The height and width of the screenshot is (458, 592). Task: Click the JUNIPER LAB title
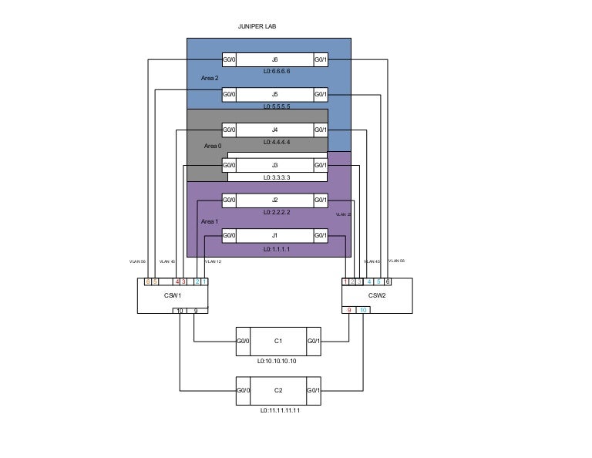click(x=257, y=25)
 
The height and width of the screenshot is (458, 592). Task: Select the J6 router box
click(x=274, y=59)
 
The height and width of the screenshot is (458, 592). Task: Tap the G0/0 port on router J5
click(x=229, y=95)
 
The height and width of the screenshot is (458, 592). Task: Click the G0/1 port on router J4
click(x=321, y=130)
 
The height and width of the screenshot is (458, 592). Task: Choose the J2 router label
click(x=274, y=200)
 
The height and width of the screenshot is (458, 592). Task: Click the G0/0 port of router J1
click(x=229, y=235)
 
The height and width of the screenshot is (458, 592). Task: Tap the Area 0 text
click(x=213, y=145)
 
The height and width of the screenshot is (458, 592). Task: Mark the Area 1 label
click(x=210, y=221)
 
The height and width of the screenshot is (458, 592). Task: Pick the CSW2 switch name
click(x=377, y=295)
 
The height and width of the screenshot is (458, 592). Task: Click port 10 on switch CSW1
click(x=180, y=311)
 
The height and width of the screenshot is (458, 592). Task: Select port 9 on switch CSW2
click(x=349, y=310)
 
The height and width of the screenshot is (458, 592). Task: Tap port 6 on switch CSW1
click(x=148, y=281)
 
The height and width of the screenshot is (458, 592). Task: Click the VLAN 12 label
click(x=213, y=262)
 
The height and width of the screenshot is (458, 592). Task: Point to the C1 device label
click(x=278, y=340)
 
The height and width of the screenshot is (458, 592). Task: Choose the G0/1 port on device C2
click(x=314, y=391)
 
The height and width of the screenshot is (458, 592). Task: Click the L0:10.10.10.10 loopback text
click(x=277, y=360)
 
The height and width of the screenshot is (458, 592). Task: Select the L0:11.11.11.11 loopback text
click(x=280, y=410)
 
